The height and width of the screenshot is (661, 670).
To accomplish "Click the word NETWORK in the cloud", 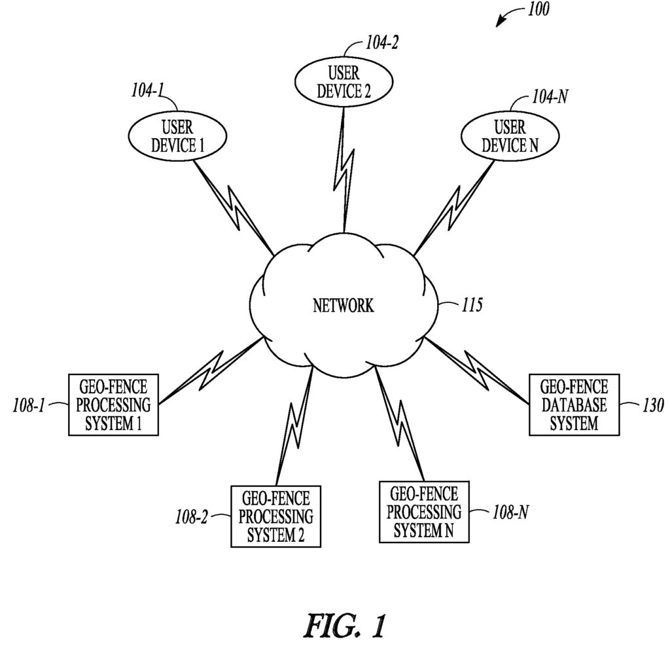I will (x=344, y=306).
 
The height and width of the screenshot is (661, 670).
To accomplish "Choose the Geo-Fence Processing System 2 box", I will (x=275, y=516).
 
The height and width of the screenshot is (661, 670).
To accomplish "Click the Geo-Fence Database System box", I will (x=573, y=404).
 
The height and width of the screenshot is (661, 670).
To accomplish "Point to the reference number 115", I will (x=469, y=305).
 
